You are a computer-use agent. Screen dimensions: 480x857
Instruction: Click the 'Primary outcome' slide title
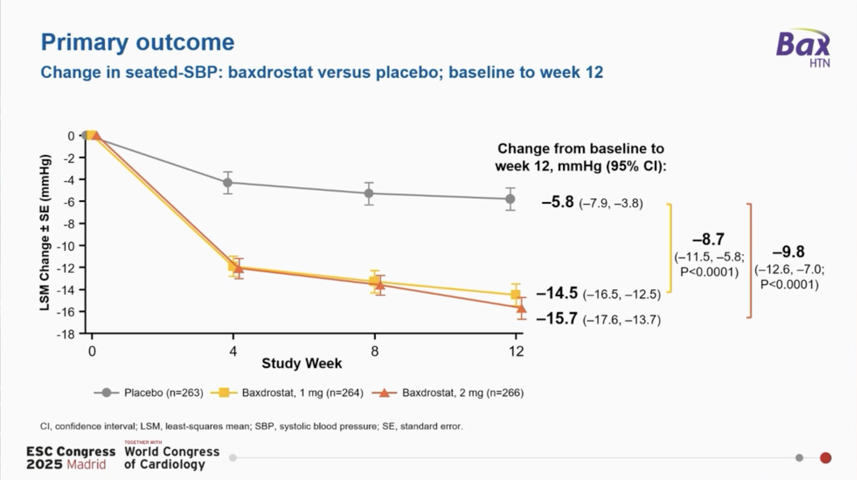coord(138,42)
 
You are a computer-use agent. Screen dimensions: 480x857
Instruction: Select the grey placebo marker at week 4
coord(228,183)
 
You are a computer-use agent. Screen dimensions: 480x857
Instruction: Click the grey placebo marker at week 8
coord(369,194)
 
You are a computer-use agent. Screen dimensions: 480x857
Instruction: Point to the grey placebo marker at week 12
coord(511,199)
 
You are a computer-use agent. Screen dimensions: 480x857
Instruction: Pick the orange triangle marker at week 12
coord(521,308)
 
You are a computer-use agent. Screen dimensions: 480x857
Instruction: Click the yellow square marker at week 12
coord(515,294)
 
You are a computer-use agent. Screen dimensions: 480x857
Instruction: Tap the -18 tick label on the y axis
coord(65,334)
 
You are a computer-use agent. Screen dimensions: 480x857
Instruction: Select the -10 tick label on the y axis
coord(65,246)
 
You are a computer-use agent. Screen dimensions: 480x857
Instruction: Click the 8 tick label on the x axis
coord(375,351)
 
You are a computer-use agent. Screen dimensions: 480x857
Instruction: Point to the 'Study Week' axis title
coord(302,363)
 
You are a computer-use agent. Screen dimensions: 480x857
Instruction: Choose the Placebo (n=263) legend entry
coord(148,393)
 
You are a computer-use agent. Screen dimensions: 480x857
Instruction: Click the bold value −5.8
coord(558,202)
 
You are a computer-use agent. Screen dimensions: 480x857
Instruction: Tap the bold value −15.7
coord(557,318)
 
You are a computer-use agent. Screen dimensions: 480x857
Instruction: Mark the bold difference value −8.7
coord(709,239)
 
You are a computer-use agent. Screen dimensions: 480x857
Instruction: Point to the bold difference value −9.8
coord(789,252)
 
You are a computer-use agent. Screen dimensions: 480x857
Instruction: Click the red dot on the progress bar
coord(826,458)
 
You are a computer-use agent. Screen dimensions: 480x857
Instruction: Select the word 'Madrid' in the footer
coord(86,465)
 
